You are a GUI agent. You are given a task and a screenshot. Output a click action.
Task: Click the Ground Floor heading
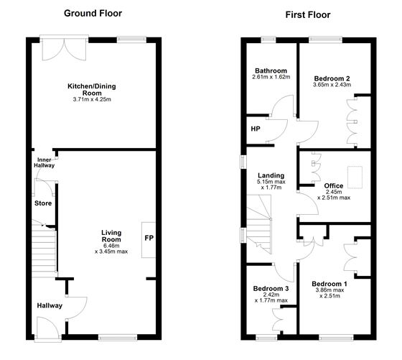(x=93, y=13)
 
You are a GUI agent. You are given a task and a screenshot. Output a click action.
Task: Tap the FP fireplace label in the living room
(x=149, y=238)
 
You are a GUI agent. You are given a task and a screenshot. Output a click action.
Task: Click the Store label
(x=43, y=203)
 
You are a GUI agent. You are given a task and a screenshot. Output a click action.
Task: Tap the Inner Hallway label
(x=44, y=162)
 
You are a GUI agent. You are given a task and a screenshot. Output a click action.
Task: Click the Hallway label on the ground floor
(x=50, y=306)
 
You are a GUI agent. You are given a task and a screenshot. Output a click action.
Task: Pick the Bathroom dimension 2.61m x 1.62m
(x=271, y=76)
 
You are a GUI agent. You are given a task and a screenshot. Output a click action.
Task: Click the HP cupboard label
(x=255, y=129)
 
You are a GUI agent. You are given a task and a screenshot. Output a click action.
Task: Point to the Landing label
(x=271, y=175)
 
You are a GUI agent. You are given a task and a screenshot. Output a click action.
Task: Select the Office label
(x=334, y=185)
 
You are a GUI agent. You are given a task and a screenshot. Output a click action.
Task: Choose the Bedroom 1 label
(x=329, y=284)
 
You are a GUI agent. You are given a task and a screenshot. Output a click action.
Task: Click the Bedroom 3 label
(x=271, y=289)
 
